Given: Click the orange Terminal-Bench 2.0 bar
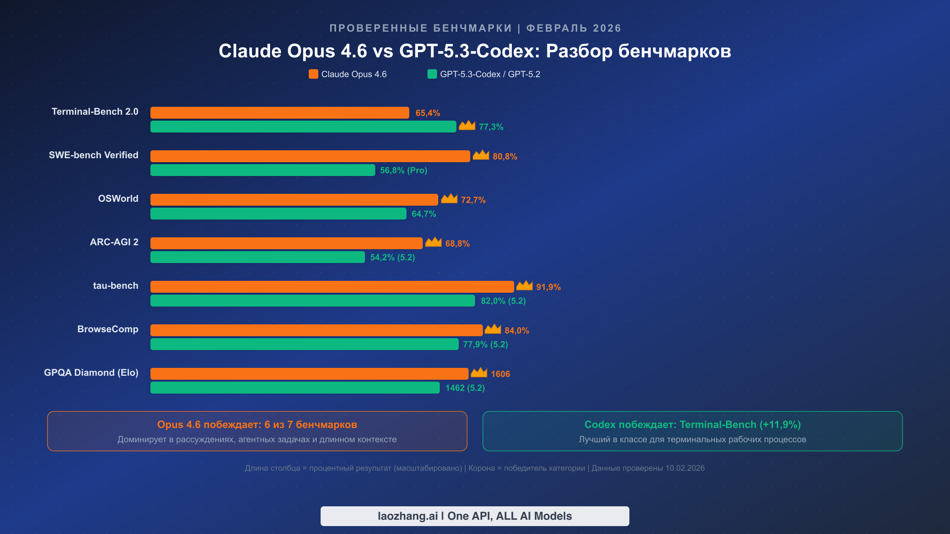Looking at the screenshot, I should (x=279, y=113).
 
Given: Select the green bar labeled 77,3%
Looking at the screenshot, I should (x=303, y=127).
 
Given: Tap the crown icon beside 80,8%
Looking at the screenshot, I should (x=481, y=155).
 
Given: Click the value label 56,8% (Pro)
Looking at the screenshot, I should (x=403, y=170).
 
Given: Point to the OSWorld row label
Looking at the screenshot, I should (x=118, y=199).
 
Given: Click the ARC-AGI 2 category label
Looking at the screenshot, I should (x=114, y=242).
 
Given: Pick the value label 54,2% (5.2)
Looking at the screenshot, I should (x=392, y=258).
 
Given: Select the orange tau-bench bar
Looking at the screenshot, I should (x=332, y=287).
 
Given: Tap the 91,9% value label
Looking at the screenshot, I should (x=548, y=287).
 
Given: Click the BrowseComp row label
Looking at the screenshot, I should (x=108, y=329).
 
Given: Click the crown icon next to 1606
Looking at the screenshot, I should (x=479, y=373).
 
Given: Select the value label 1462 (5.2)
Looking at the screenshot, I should (x=465, y=388).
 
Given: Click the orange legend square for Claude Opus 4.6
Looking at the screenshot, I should (x=313, y=74).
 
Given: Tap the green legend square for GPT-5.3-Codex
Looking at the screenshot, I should (x=432, y=74).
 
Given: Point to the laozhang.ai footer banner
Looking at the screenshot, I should (x=475, y=516).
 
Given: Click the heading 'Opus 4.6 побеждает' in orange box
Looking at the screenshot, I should (x=209, y=424).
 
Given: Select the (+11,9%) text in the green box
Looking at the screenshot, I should (x=780, y=424).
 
